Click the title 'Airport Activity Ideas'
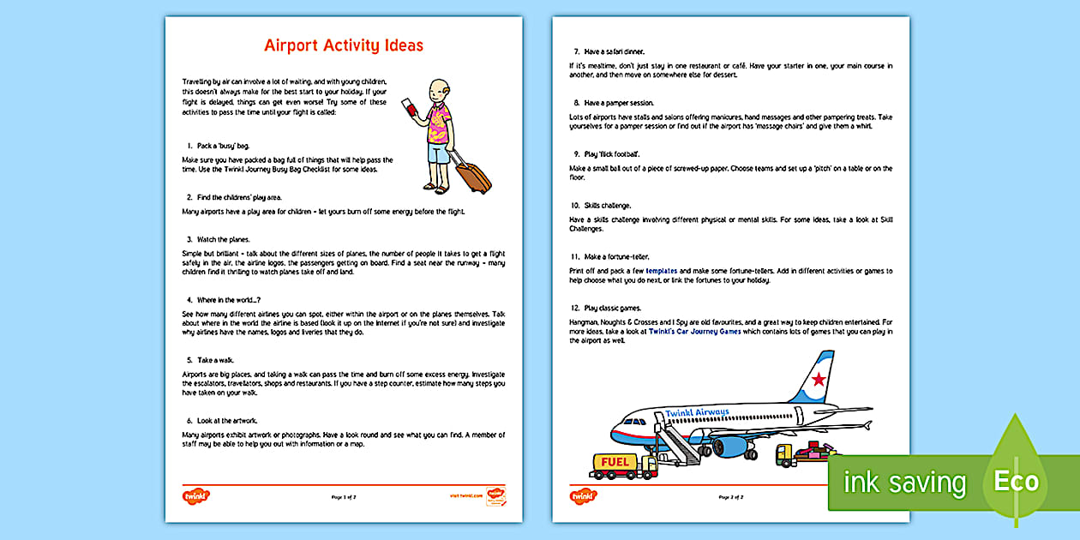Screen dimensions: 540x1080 (343, 45)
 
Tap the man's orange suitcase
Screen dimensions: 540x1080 (472, 174)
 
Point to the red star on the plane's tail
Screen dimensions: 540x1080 (819, 378)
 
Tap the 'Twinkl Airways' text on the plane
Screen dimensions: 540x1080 (697, 413)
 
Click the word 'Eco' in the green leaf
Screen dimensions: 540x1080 (1016, 481)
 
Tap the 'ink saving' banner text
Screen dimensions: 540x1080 (904, 483)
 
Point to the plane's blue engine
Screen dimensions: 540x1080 (731, 447)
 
